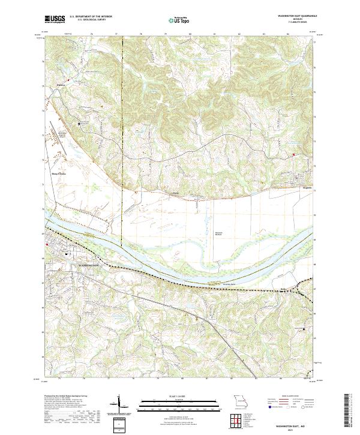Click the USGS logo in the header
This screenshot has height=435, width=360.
point(54,20)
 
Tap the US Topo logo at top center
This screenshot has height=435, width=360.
point(179,20)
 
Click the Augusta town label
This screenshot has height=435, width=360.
point(292,187)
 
